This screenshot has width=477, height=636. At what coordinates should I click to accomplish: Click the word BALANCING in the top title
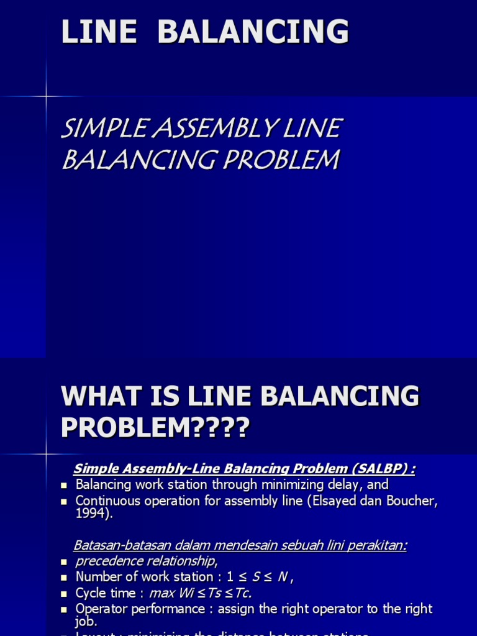tap(253, 32)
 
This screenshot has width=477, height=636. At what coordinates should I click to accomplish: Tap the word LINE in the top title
tap(99, 32)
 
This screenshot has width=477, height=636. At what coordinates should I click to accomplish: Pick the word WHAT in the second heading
tap(104, 396)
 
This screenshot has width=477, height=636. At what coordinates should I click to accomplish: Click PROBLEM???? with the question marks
tap(155, 427)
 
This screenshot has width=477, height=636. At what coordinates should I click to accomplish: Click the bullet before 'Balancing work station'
tap(63, 486)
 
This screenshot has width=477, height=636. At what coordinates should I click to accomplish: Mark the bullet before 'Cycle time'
tap(63, 594)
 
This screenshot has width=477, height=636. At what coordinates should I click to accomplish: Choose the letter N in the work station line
tap(283, 577)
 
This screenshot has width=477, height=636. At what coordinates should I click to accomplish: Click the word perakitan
tap(381, 545)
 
